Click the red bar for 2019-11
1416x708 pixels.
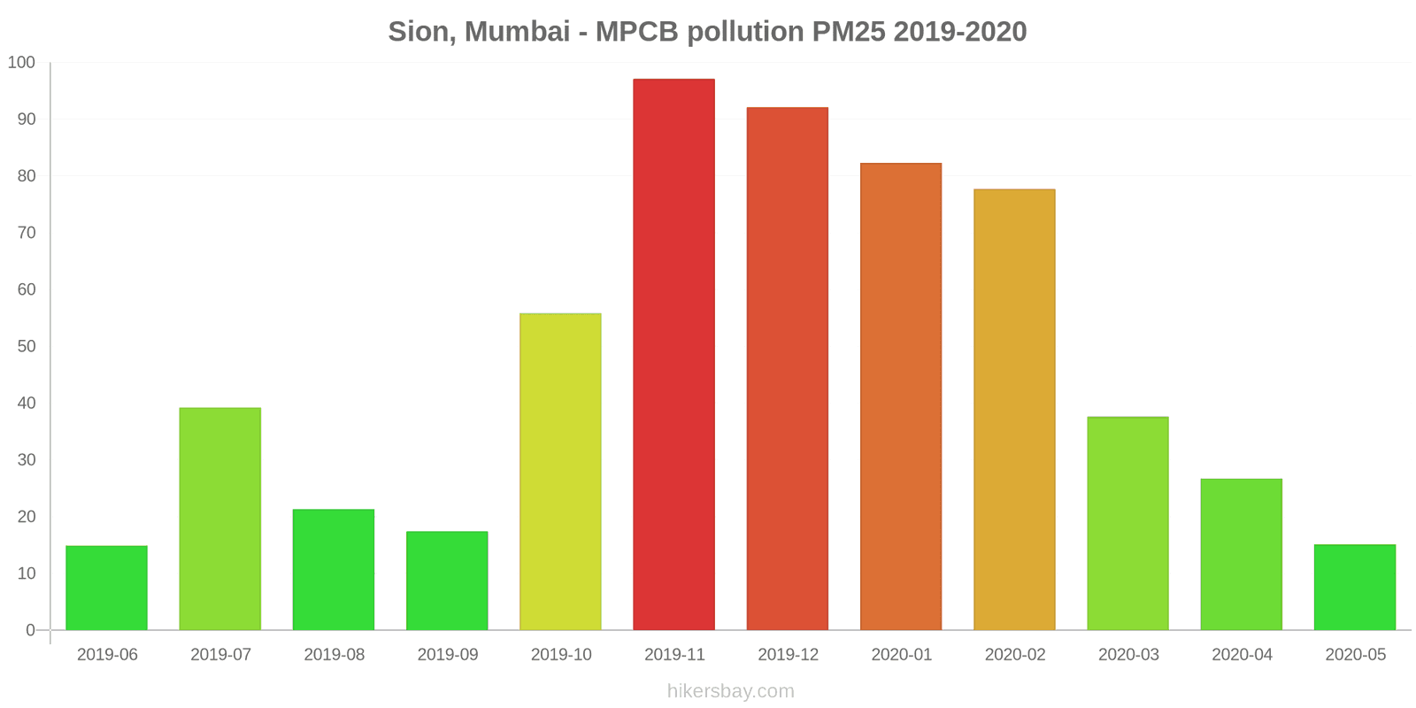pyautogui.click(x=673, y=354)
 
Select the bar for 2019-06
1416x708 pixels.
pyautogui.click(x=106, y=588)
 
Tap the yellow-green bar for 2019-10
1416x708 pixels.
pyautogui.click(x=560, y=472)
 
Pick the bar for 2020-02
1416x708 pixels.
pyautogui.click(x=1014, y=410)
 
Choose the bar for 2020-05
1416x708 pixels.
pyautogui.click(x=1354, y=587)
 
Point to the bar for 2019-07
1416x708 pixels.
pyautogui.click(x=219, y=519)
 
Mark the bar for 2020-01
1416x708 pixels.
pyautogui.click(x=901, y=396)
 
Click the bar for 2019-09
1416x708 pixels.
pyautogui.click(x=447, y=581)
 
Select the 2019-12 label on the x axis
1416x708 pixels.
pyautogui.click(x=788, y=655)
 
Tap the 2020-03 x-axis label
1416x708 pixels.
pyautogui.click(x=1128, y=655)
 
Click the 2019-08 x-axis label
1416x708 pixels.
pyautogui.click(x=334, y=655)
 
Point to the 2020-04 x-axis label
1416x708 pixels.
pyautogui.click(x=1242, y=655)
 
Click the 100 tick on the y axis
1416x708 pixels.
pyautogui.click(x=21, y=63)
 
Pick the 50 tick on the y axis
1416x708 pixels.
pyautogui.click(x=26, y=346)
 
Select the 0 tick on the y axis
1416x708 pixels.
pyautogui.click(x=30, y=630)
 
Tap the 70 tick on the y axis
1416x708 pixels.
pyautogui.click(x=26, y=233)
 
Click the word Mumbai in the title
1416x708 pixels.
pyautogui.click(x=517, y=32)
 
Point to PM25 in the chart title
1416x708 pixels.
pyautogui.click(x=844, y=32)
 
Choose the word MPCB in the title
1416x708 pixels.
pyautogui.click(x=636, y=32)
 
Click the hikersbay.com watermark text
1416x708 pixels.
pyautogui.click(x=730, y=691)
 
